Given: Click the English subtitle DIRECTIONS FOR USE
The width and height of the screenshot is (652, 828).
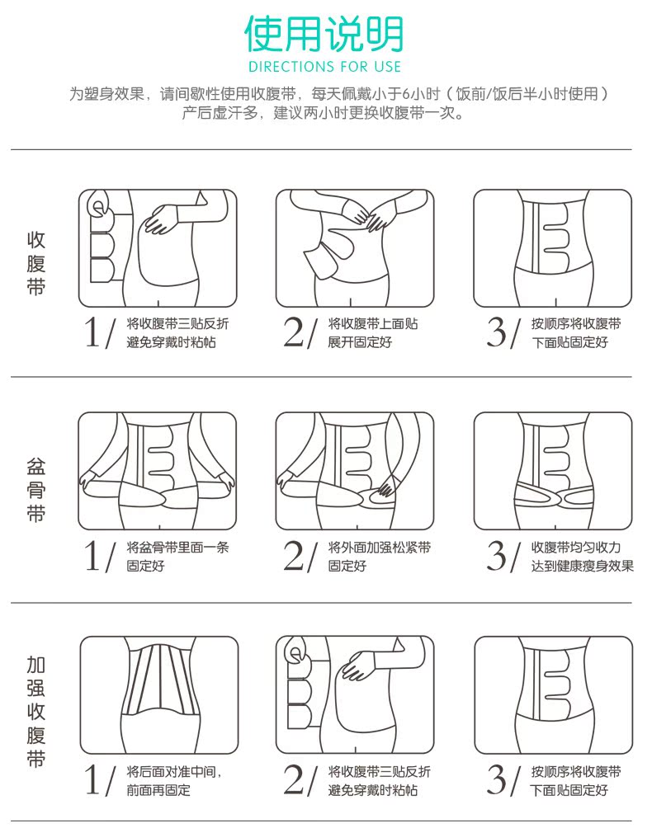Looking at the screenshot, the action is point(324,67).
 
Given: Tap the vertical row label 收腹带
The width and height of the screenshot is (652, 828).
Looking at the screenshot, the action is point(36,263).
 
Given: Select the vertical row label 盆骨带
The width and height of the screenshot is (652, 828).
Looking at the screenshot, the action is point(36,490).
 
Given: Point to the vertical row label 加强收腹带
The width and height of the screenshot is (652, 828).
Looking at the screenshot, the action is point(36,711).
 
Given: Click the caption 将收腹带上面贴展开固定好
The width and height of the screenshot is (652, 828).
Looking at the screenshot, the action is point(372,332).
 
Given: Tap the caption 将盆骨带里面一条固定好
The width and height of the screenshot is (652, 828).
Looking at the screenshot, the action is point(177,557).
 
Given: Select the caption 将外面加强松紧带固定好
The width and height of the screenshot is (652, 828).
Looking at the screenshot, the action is point(380,557).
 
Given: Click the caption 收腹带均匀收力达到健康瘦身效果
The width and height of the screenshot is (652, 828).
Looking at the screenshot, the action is point(582,557).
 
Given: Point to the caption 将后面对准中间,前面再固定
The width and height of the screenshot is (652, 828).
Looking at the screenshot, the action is point(174,780).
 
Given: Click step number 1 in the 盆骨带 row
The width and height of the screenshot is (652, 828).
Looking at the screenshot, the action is point(92,556).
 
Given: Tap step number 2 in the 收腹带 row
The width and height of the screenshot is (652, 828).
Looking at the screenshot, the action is point(293,332).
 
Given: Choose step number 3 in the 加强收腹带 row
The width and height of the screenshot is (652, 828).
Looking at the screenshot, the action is point(497,779).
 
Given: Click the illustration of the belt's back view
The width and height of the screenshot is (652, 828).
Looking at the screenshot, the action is point(159,695).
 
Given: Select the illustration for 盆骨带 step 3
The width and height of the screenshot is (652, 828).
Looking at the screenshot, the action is point(553,471).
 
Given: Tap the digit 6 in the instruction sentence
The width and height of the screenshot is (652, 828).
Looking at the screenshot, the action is point(406,94).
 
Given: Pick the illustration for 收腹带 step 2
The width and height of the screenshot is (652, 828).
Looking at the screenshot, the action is point(355,248).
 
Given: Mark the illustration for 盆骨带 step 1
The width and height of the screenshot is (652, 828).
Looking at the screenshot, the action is point(158,471).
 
